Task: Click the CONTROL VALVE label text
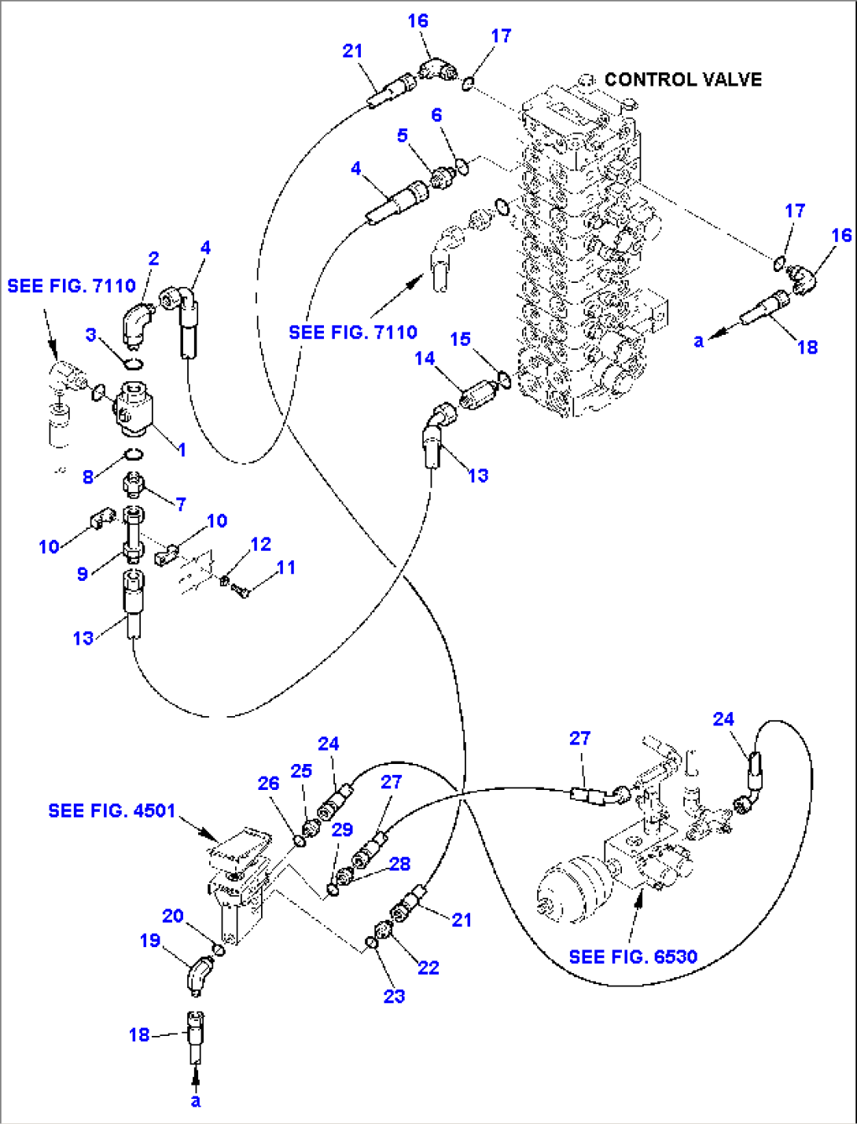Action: click(x=682, y=79)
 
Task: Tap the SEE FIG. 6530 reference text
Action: click(x=633, y=957)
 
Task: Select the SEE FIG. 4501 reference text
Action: click(x=112, y=810)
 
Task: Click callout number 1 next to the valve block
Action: click(x=182, y=450)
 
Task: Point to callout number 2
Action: click(x=153, y=259)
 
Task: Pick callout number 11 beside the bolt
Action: click(x=286, y=567)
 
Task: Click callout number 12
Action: click(x=260, y=544)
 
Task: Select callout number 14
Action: click(x=425, y=358)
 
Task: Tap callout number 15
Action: click(x=460, y=339)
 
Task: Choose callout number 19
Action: click(x=149, y=940)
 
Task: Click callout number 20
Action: click(x=173, y=916)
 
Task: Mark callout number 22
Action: click(x=428, y=968)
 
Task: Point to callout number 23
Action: click(x=394, y=996)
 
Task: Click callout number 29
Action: click(x=342, y=829)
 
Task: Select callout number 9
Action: click(x=83, y=574)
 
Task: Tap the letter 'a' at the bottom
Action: click(x=196, y=1100)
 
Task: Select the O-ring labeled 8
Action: click(x=134, y=454)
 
